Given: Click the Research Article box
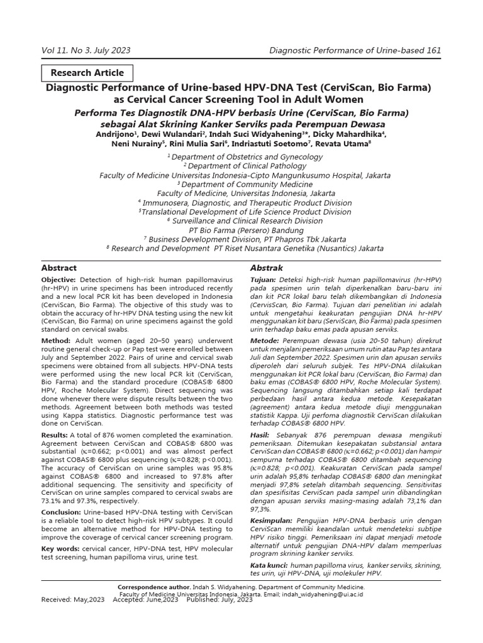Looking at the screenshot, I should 87,73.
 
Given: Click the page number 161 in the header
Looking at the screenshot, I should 432,50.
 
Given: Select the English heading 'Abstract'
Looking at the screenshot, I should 59,267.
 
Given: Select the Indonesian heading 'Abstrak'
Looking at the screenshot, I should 267,267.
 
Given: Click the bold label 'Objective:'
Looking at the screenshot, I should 58,279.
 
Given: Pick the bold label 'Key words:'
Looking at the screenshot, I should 60,549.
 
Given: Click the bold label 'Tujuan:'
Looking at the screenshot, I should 264,279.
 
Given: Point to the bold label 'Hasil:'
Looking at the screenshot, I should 260,435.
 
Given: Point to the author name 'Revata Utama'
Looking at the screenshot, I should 349,144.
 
